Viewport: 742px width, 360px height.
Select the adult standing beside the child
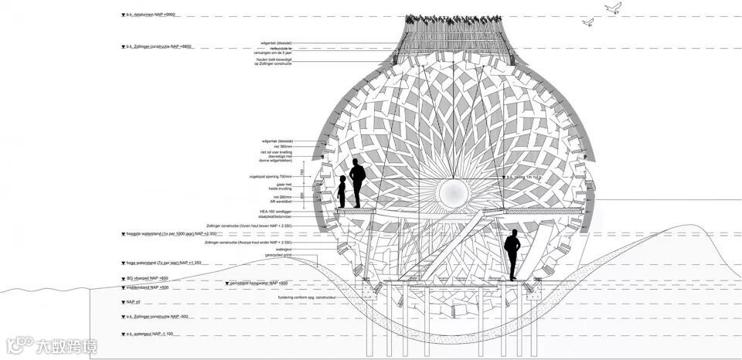(x=357, y=183)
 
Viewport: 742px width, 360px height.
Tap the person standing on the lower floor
(x=512, y=255)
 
